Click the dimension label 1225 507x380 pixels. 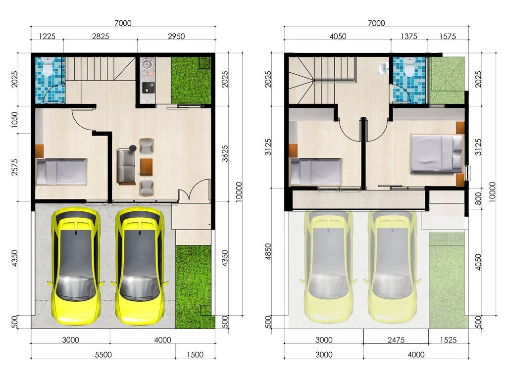(x=47, y=36)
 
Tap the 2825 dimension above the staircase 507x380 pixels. (x=101, y=36)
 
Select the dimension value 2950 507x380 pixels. (x=176, y=36)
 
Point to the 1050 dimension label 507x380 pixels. (x=14, y=120)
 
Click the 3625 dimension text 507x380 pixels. (x=225, y=153)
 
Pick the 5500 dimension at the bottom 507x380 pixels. (x=103, y=354)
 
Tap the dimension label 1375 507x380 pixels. (x=408, y=36)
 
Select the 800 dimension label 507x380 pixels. (x=478, y=198)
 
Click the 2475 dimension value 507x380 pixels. (x=396, y=339)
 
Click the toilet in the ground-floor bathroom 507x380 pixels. (x=48, y=66)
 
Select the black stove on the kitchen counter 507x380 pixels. (x=149, y=88)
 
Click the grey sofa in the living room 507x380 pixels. (x=126, y=166)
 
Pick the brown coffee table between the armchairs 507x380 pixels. (x=146, y=167)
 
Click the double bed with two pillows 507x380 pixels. (x=437, y=153)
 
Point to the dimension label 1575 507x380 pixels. (x=448, y=36)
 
